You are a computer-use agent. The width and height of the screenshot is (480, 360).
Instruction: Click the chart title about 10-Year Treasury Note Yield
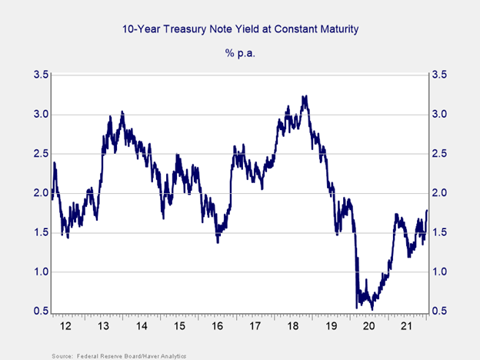[x=240, y=30]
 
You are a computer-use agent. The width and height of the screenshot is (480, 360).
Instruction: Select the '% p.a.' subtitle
[x=240, y=54]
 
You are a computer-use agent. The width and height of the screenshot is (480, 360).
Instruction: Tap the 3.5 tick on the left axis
[x=39, y=75]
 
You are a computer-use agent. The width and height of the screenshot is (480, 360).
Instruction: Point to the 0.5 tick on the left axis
[x=39, y=312]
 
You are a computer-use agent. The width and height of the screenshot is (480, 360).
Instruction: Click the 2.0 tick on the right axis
[x=440, y=193]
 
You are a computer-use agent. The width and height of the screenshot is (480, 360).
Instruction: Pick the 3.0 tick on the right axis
[x=440, y=115]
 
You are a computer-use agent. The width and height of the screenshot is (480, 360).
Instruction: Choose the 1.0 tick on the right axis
[x=440, y=272]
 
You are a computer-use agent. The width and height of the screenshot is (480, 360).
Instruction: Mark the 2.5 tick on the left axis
[x=39, y=154]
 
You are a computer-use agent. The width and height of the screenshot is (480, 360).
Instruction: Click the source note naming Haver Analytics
[x=119, y=355]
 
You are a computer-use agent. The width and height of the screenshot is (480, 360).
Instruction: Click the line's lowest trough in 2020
[x=372, y=308]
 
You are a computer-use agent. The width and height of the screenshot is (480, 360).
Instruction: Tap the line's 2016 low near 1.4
[x=218, y=242]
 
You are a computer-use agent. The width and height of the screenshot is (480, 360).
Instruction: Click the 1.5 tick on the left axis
[x=39, y=233]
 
